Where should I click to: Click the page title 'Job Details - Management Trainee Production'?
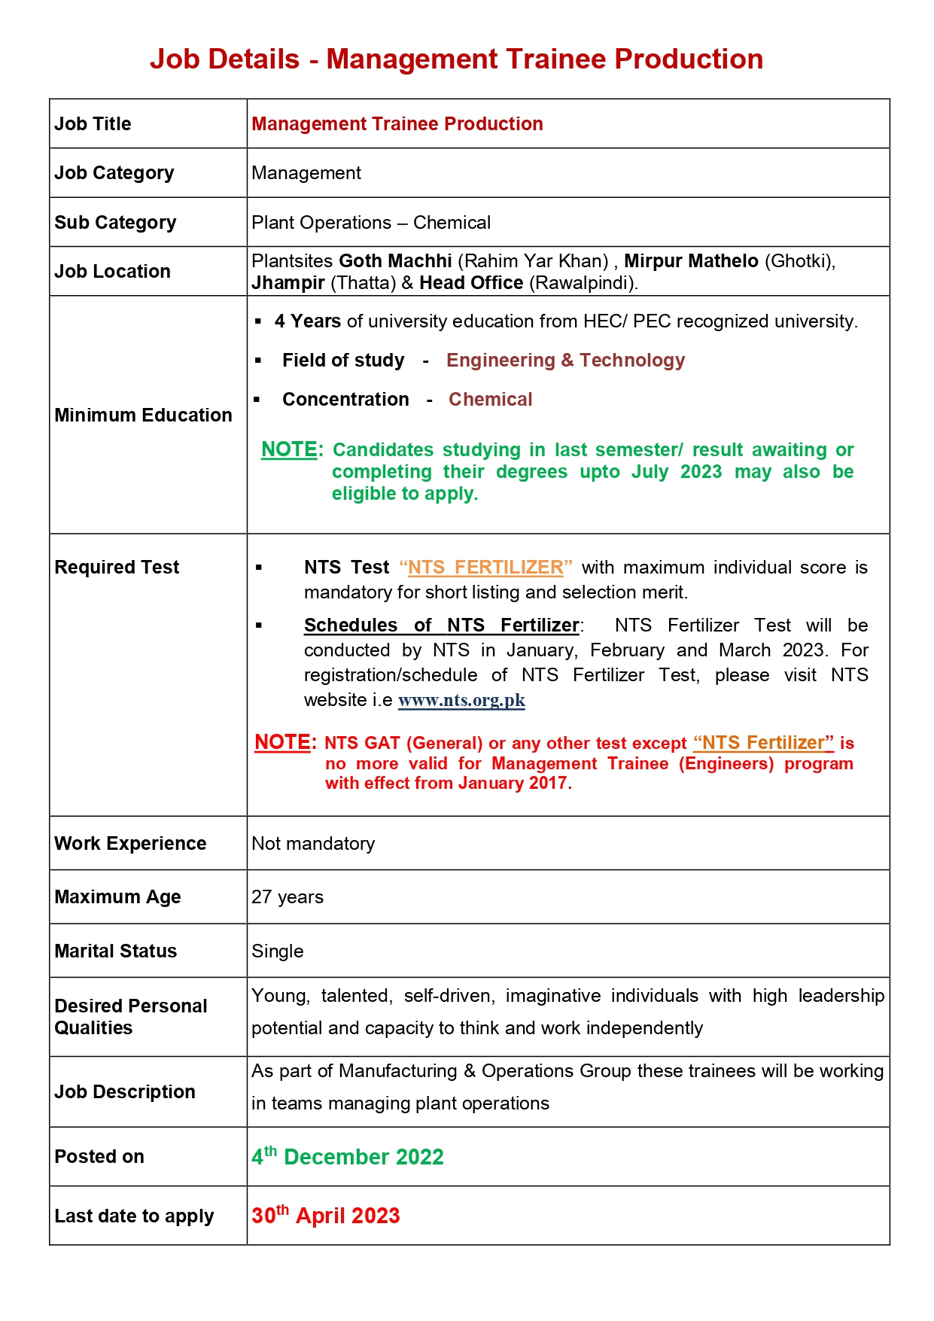[x=456, y=59]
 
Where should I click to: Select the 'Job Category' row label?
[x=114, y=173]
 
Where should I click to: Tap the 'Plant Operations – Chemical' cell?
[x=370, y=223]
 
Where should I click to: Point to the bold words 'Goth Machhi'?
[x=395, y=261]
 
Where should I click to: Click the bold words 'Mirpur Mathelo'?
[x=691, y=261]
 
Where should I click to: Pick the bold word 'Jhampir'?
[x=288, y=283]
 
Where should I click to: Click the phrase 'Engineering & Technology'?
[x=565, y=361]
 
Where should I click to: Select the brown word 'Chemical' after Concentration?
[x=490, y=400]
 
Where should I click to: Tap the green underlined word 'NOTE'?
[x=289, y=449]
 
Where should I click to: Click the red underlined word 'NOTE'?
[x=282, y=742]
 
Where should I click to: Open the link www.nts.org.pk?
[x=461, y=700]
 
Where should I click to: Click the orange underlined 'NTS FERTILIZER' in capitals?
[x=485, y=568]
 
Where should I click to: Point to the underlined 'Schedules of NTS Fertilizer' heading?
[x=441, y=625]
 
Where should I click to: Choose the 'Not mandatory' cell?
[x=313, y=844]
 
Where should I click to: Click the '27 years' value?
[x=288, y=897]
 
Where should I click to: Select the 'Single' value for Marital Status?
[x=277, y=951]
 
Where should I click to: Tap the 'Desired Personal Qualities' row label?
[x=130, y=1017]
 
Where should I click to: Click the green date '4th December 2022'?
[x=348, y=1157]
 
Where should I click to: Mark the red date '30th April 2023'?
[x=326, y=1216]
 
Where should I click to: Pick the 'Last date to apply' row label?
[x=134, y=1216]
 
